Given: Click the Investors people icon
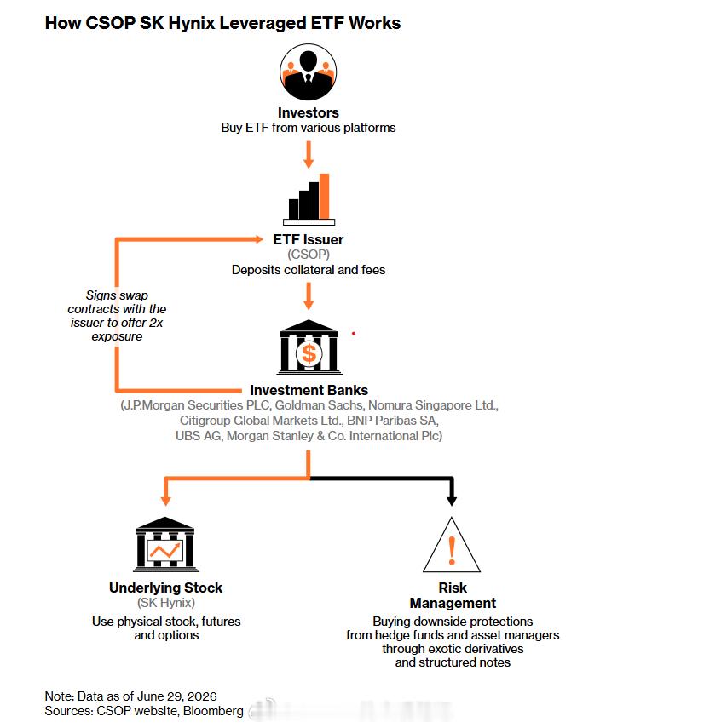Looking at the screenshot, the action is click(308, 72).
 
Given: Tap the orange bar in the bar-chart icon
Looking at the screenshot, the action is click(325, 196).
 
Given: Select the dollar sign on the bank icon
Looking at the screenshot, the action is click(309, 353).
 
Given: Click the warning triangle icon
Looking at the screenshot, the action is click(452, 545).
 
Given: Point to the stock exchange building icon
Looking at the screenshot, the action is click(166, 544).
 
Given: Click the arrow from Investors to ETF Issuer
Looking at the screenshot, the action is click(308, 155).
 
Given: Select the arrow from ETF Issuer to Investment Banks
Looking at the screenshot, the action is click(308, 296).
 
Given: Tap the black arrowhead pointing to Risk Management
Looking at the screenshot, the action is click(452, 500).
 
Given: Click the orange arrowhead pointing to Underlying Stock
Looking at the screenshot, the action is click(166, 500).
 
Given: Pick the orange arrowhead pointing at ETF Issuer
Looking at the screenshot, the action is click(259, 239).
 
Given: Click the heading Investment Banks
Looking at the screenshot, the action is click(309, 390).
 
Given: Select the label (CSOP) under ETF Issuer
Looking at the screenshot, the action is click(309, 255).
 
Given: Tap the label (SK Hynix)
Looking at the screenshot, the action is click(166, 603).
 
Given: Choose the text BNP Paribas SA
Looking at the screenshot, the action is click(391, 421).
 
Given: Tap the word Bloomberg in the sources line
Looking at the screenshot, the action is click(213, 711).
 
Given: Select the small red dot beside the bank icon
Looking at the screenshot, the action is click(354, 334).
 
